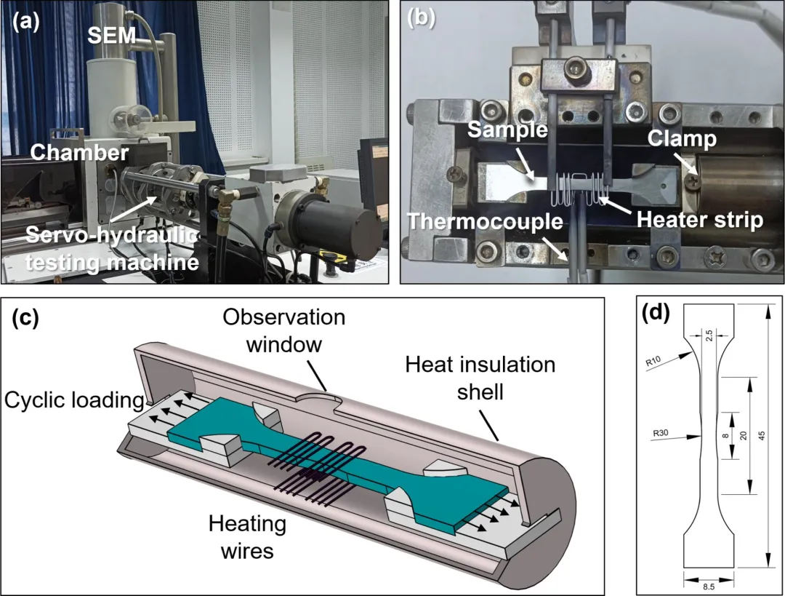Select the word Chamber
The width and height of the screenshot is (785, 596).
(x=69, y=153)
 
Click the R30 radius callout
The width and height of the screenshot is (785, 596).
(x=660, y=433)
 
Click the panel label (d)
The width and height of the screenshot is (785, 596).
(x=655, y=313)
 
